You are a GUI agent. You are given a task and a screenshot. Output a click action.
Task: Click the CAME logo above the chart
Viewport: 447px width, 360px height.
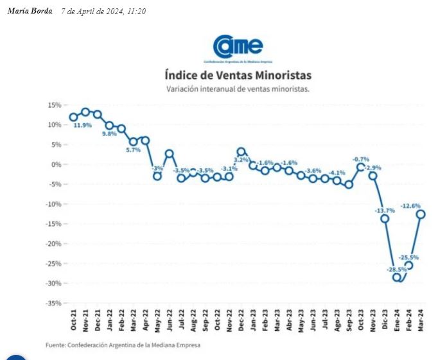tap(238, 46)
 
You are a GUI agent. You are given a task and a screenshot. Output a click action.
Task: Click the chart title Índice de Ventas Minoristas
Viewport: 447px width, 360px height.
tap(238, 75)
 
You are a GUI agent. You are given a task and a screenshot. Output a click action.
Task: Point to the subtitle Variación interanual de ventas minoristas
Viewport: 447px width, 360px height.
tap(238, 89)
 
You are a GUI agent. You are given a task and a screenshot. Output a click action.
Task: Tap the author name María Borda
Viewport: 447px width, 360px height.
tap(30, 11)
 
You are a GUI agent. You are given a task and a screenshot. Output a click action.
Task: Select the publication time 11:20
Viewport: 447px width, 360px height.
tap(137, 12)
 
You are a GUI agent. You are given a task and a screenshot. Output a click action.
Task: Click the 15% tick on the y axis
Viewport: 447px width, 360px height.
tap(54, 105)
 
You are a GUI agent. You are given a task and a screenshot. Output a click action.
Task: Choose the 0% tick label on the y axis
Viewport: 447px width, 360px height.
tap(56, 164)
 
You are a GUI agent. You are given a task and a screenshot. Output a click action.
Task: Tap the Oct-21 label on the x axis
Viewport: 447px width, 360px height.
tap(74, 320)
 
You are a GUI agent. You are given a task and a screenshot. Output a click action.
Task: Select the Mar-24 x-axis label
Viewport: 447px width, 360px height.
tap(421, 320)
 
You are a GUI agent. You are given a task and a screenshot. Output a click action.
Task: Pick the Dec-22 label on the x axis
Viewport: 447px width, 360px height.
tap(241, 320)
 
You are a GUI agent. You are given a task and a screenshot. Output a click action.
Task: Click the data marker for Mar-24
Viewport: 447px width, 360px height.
tap(421, 214)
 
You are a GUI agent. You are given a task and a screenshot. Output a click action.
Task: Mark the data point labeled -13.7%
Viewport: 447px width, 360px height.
tap(385, 219)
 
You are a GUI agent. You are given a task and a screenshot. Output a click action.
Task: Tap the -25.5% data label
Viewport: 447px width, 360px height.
tap(408, 257)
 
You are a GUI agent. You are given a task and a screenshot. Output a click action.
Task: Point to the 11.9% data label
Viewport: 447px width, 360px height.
tap(82, 126)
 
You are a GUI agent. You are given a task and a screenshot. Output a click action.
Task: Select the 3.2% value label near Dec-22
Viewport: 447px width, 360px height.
tap(241, 160)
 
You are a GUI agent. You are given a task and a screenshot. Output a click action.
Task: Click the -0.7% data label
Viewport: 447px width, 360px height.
tap(360, 159)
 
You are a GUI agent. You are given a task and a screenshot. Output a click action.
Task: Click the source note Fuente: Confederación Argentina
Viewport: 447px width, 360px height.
tap(123, 345)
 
